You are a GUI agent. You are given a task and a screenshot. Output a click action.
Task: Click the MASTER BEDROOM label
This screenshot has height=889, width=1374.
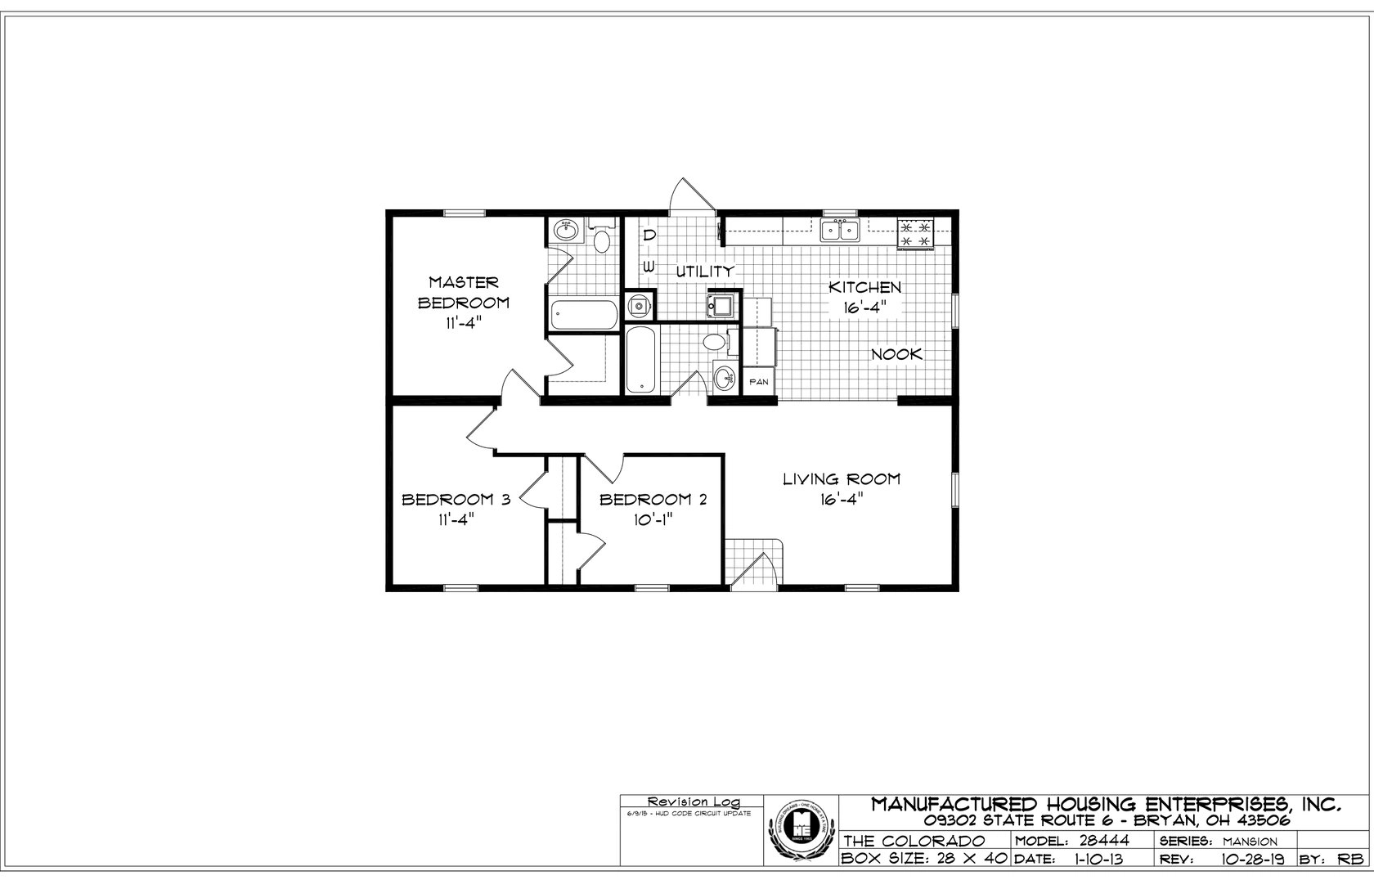[464, 302]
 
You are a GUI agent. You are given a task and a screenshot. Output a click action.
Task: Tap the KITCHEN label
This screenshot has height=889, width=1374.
[864, 287]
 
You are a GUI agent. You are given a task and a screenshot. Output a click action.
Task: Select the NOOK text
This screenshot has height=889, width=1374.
[896, 354]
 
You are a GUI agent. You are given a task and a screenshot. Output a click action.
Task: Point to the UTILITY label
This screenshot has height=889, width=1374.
[704, 271]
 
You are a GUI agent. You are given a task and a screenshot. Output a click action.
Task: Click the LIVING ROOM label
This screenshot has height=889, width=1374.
[842, 479]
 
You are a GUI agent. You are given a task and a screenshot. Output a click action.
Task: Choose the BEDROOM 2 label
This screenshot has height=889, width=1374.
[653, 500]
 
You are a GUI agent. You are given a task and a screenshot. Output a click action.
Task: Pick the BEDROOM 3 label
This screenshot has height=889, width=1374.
[456, 500]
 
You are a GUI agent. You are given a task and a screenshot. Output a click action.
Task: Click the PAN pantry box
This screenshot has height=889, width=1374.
[758, 381]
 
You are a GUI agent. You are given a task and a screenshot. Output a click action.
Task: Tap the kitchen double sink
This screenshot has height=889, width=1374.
[840, 230]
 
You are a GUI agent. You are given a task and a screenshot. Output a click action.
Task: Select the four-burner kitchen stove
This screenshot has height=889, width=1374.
[916, 233]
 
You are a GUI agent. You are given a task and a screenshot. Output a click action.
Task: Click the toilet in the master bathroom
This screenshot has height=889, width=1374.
[602, 240]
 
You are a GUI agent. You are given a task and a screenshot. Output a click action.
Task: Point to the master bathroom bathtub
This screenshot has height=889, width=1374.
[583, 315]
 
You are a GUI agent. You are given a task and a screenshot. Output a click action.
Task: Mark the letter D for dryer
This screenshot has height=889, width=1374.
[649, 235]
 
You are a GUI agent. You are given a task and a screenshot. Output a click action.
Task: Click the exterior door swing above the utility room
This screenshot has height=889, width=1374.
[685, 196]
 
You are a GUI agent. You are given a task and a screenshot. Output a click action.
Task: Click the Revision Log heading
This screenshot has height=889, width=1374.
[691, 801]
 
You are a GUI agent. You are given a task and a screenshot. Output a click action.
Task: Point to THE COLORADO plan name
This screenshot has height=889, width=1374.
[914, 841]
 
